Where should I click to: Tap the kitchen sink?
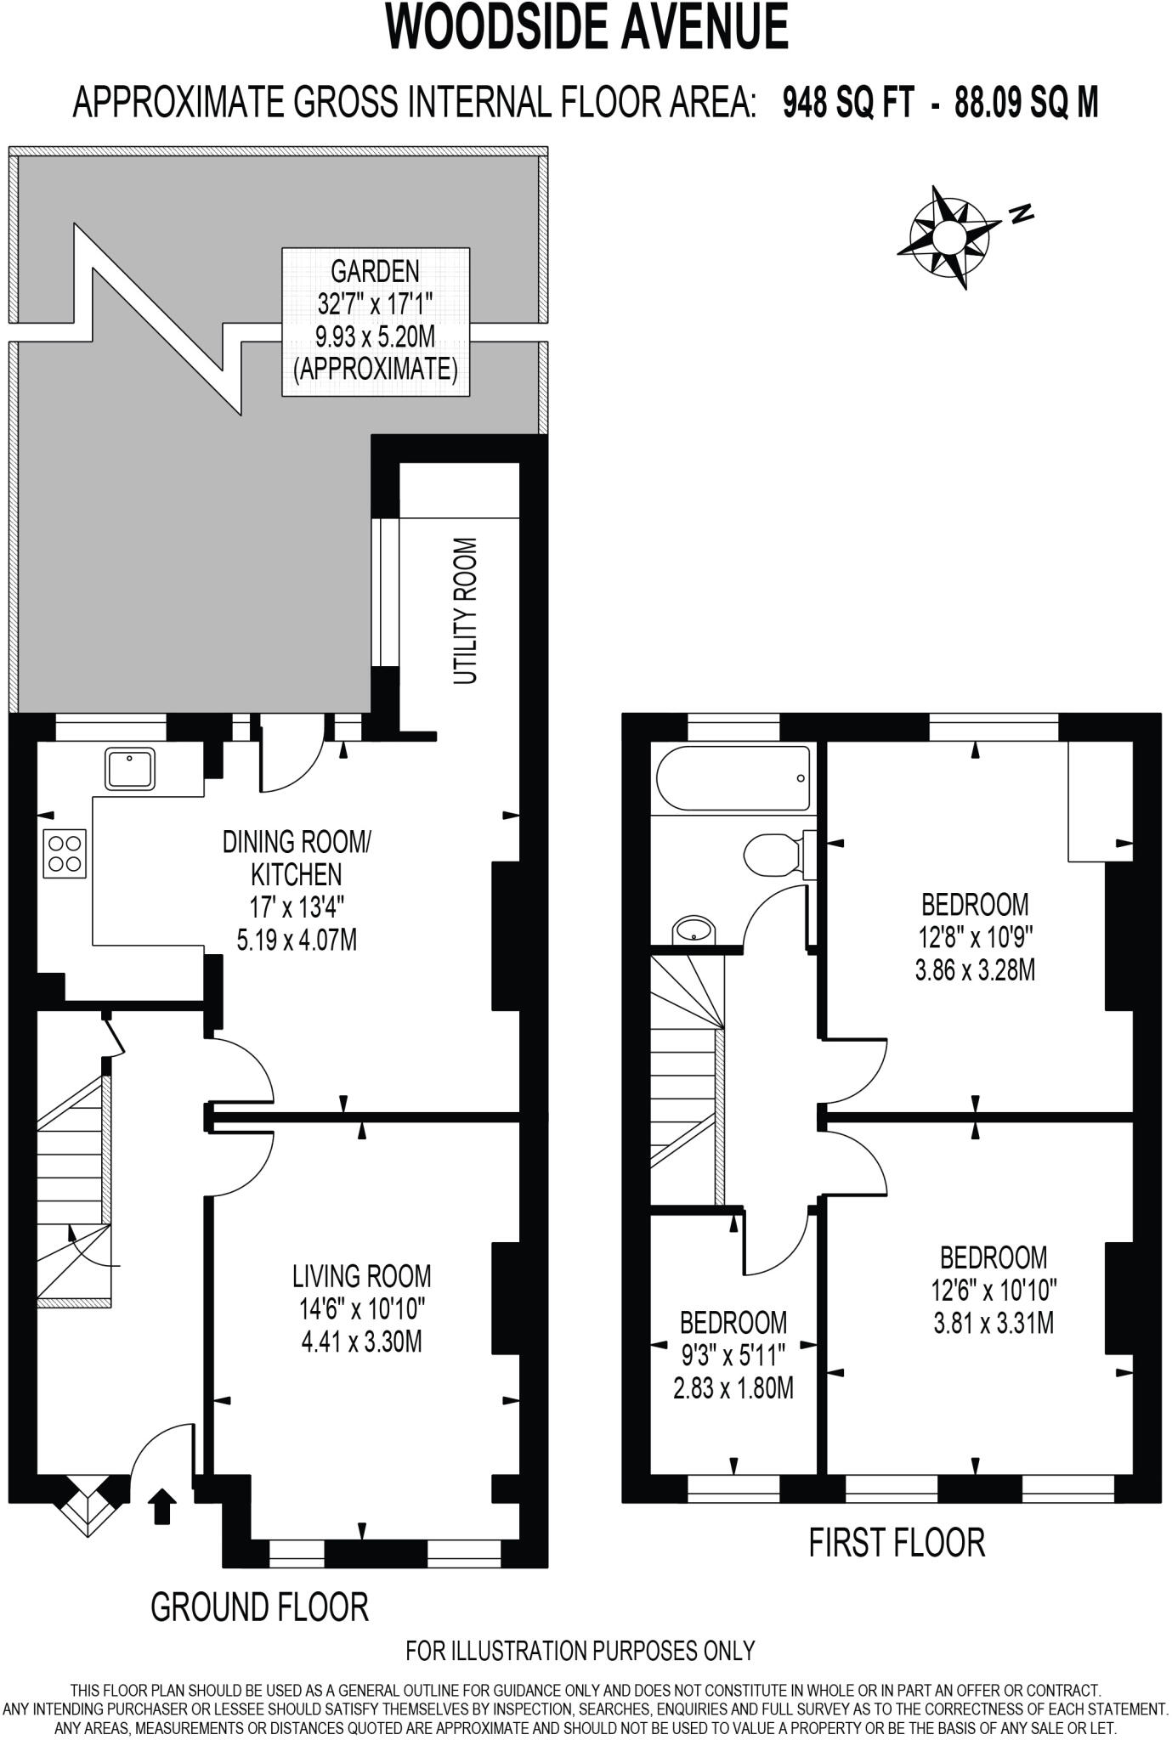pos(130,768)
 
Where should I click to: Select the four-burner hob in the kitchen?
pos(65,853)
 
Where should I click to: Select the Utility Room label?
pos(465,611)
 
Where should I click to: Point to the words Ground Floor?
pos(259,1607)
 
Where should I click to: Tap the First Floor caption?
pos(896,1542)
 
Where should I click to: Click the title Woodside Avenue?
pos(586,28)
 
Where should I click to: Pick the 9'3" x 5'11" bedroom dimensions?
pos(733,1354)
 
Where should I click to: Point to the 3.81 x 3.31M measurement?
pos(993,1323)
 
